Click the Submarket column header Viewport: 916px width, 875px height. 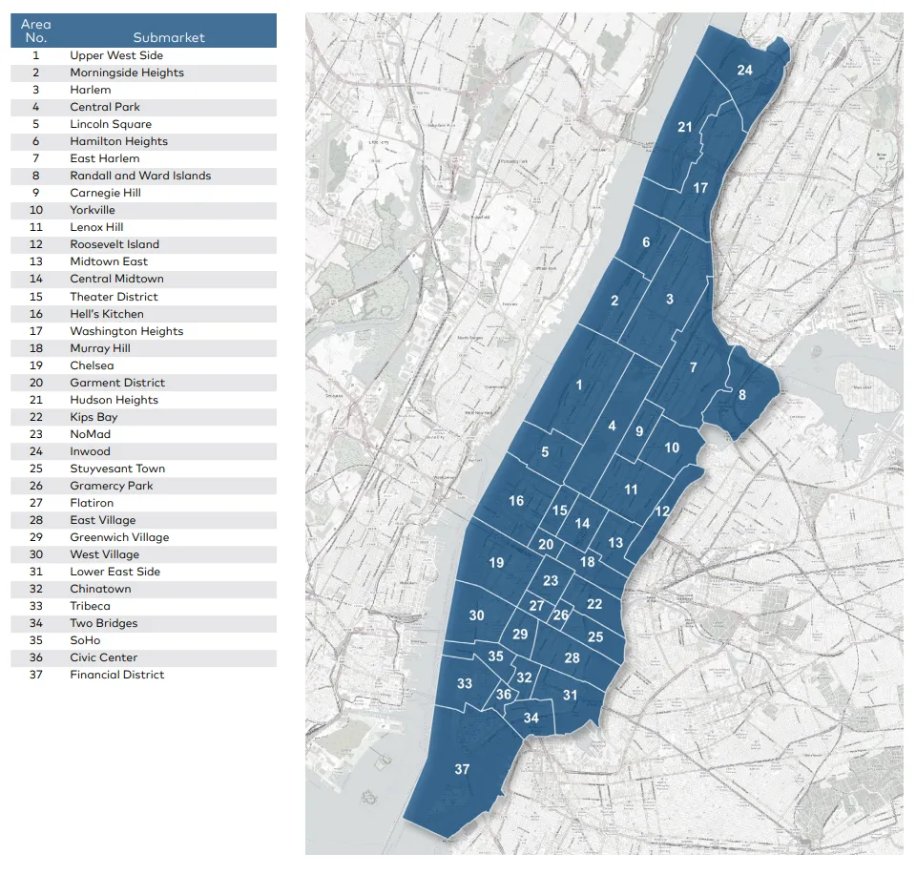point(169,37)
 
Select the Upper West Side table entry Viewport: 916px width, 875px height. point(116,55)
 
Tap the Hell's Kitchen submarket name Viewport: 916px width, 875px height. point(107,314)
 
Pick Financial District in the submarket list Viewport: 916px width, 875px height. point(116,675)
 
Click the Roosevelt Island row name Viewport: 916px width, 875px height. point(114,244)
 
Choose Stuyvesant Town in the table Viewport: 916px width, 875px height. point(117,469)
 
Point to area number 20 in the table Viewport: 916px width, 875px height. point(36,383)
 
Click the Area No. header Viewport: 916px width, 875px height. point(36,31)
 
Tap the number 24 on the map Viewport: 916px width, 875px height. point(744,70)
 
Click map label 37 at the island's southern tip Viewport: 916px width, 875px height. point(462,769)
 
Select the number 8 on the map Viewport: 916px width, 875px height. point(742,395)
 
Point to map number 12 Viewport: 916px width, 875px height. point(661,511)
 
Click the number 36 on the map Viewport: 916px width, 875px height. point(504,695)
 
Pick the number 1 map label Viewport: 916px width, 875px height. point(578,385)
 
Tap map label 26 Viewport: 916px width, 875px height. point(561,615)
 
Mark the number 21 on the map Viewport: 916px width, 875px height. point(684,127)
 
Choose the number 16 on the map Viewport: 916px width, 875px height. point(516,501)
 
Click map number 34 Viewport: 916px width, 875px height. point(531,718)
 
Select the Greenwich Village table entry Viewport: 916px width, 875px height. point(119,537)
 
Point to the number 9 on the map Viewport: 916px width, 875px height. point(639,431)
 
